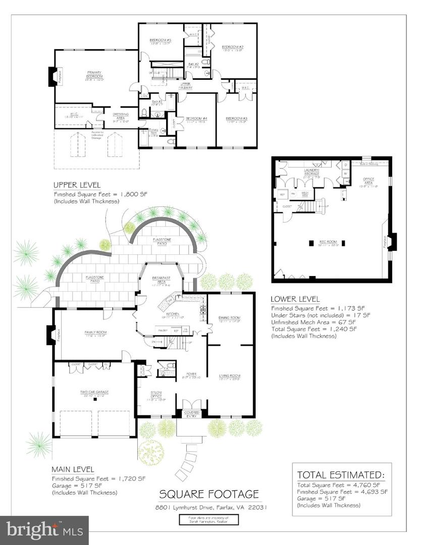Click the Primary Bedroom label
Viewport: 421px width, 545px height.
coord(95,75)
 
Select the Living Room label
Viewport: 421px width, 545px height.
coord(229,375)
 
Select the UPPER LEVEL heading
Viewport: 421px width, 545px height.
coord(76,185)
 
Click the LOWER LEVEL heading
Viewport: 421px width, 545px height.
coord(295,299)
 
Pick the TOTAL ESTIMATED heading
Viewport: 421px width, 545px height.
coord(340,474)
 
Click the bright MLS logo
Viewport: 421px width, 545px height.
coord(44,529)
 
